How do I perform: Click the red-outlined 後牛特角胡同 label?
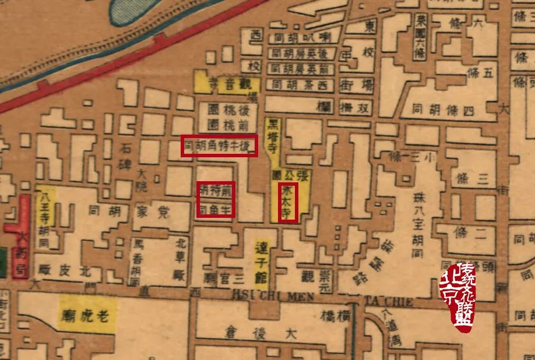[x=219, y=147]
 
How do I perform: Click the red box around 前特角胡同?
[x=216, y=199]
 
